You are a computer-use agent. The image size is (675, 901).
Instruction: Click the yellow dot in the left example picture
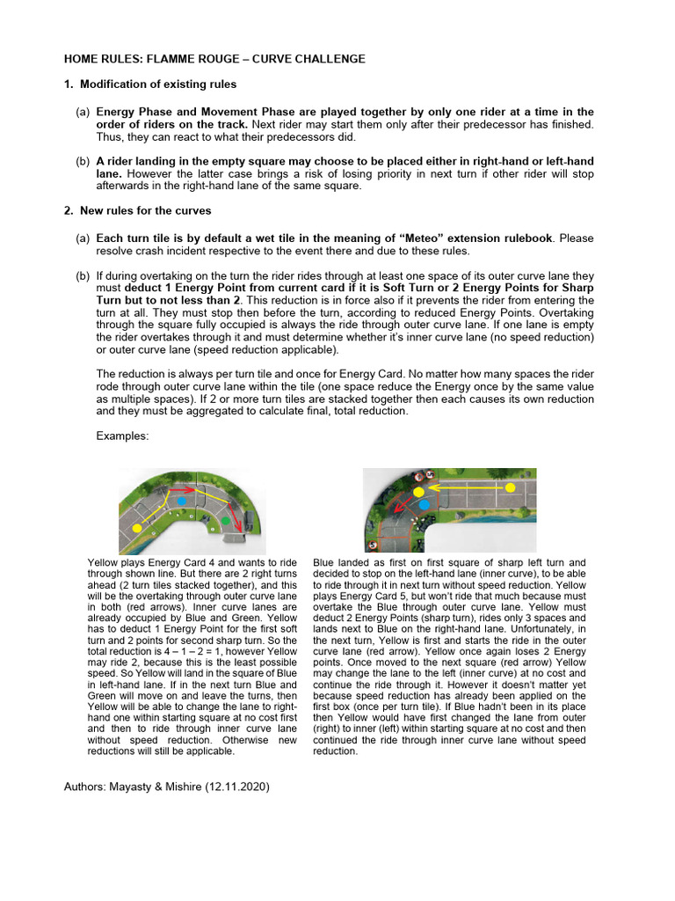(137, 526)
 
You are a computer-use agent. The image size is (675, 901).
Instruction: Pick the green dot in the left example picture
(225, 522)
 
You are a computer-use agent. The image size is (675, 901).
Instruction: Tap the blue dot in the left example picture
(182, 500)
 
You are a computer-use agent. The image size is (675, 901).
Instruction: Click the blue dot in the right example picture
(424, 503)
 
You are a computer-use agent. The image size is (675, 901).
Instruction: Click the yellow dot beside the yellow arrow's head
(418, 489)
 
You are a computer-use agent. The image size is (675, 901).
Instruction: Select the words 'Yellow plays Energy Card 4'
(143, 562)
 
